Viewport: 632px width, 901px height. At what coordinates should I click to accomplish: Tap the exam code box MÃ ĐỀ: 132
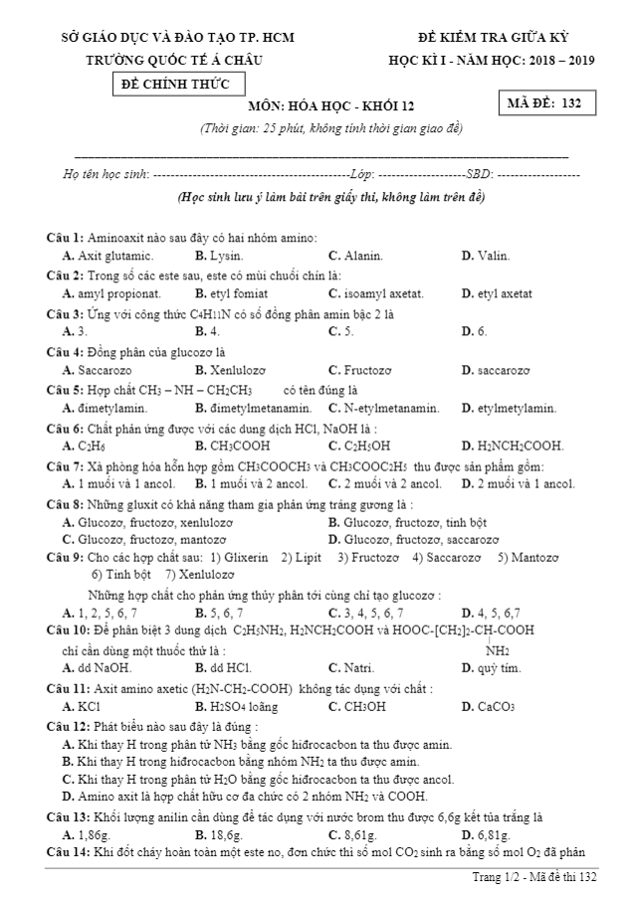tap(543, 102)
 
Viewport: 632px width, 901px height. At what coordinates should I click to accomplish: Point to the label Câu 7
tap(66, 465)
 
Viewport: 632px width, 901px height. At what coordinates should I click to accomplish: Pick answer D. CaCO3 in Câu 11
tap(488, 707)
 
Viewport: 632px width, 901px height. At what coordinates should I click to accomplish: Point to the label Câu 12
tap(69, 726)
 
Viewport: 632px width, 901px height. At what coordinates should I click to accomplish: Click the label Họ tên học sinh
tap(104, 174)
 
